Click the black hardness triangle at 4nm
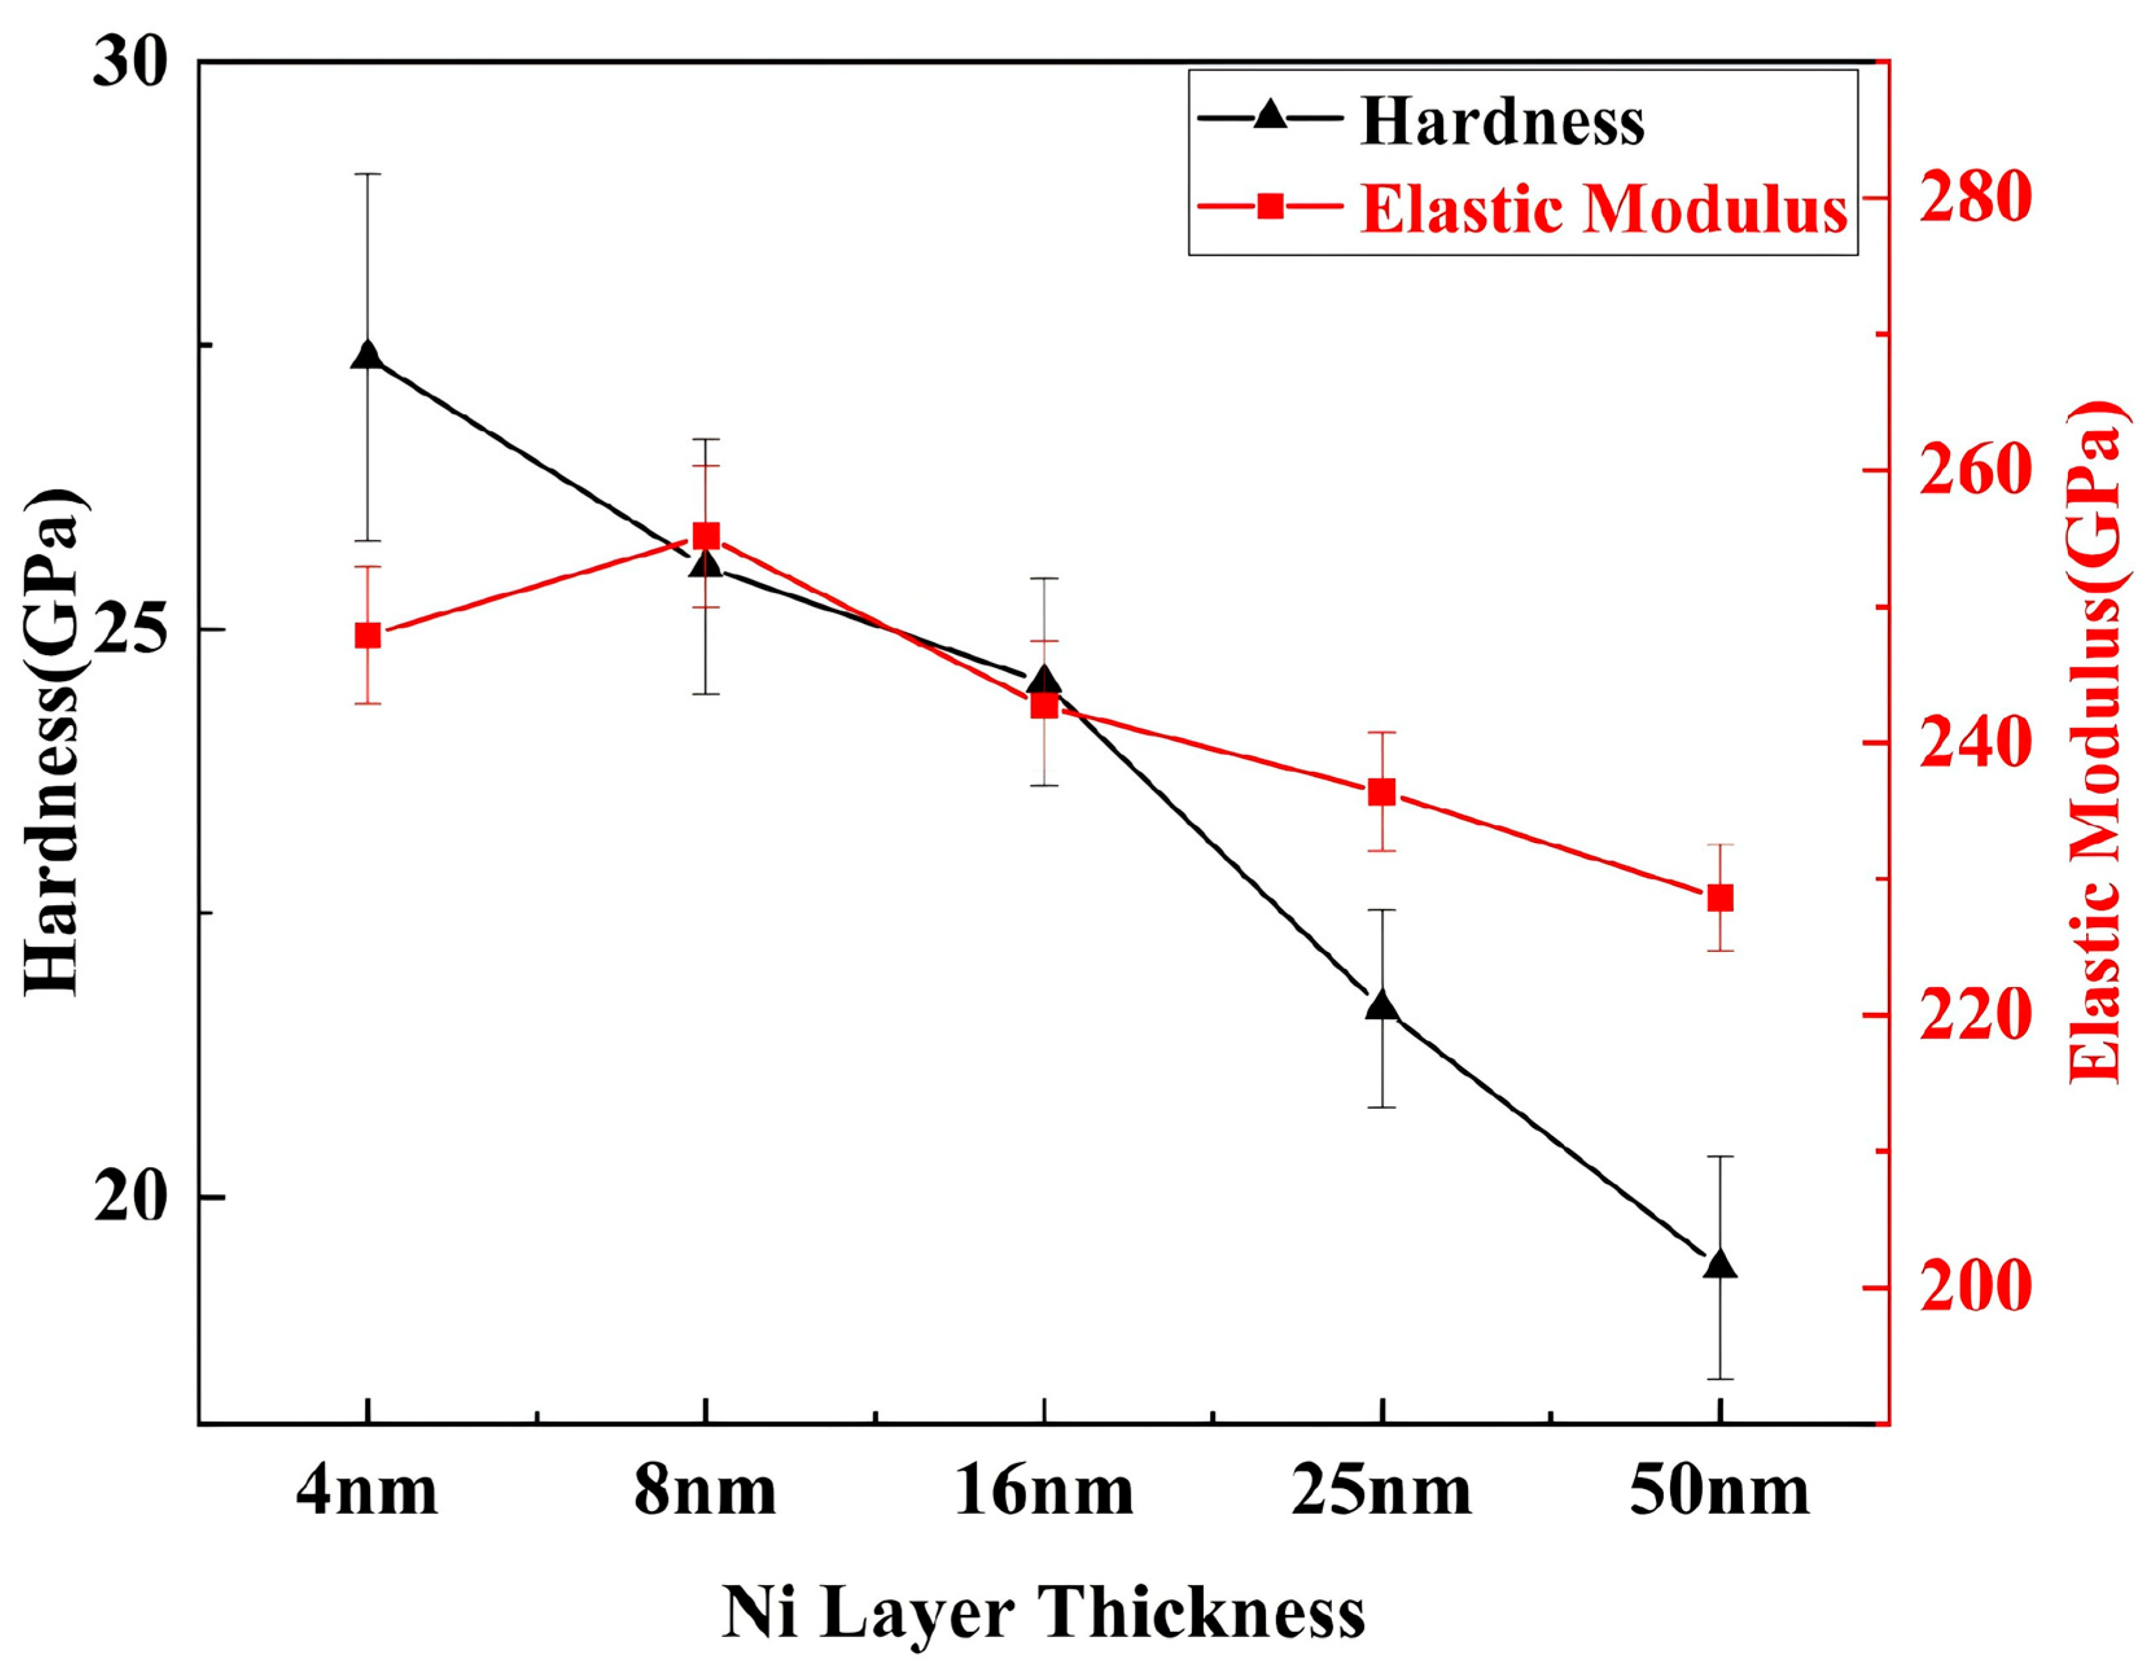pyautogui.click(x=367, y=356)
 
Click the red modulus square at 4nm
pyautogui.click(x=367, y=636)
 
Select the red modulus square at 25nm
pyautogui.click(x=1383, y=792)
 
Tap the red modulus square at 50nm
pyautogui.click(x=1720, y=898)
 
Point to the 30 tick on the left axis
pyautogui.click(x=131, y=65)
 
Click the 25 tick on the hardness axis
pyautogui.click(x=131, y=631)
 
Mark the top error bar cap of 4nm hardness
pyautogui.click(x=367, y=174)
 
